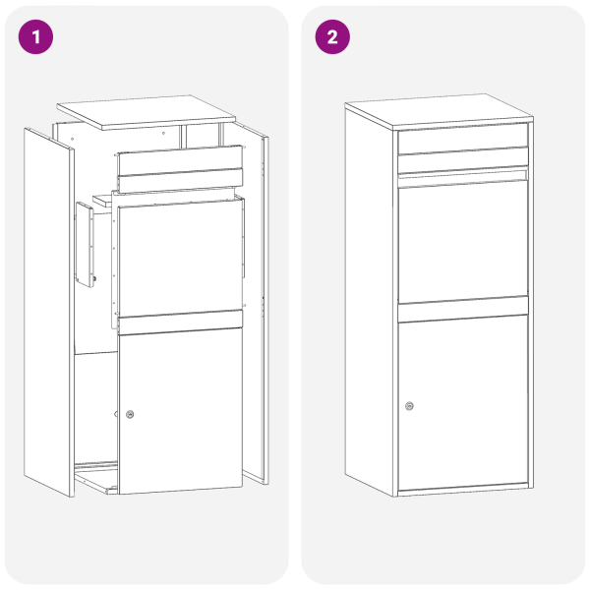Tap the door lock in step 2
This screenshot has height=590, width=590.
409,406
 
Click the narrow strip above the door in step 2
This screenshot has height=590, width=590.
462,310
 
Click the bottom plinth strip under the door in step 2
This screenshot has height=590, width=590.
462,488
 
